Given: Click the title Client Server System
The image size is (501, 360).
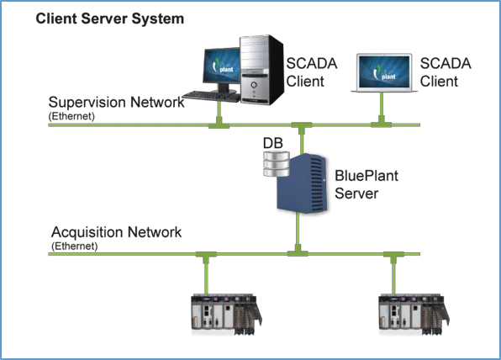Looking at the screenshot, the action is pos(110,19).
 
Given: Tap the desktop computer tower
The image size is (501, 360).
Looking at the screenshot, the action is pos(261,70).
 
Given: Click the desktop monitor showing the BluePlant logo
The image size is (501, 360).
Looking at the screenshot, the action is pos(222,66).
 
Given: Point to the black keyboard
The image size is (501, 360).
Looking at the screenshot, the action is pos(211,96).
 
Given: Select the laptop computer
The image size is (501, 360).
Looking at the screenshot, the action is pos(384,73).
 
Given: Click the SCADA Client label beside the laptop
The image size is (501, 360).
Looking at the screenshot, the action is pos(446,72).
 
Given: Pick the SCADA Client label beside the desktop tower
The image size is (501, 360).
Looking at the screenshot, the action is pos(312,72).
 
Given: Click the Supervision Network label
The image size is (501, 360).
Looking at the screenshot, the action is pos(116,103).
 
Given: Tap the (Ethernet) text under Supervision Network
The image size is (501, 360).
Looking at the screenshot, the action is pos(71,116).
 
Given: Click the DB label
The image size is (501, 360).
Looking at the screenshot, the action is pos(273,143).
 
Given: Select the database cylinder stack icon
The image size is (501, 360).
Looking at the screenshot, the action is pos(277,164).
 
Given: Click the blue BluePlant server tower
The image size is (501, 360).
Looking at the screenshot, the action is pos(302,183).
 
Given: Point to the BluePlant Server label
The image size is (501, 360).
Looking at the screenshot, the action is pos(367,184).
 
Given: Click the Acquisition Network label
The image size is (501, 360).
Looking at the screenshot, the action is pos(116,232).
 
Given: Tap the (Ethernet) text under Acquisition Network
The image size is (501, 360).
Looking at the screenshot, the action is pos(75,246).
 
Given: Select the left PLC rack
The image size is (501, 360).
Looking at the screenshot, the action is pos(226,315).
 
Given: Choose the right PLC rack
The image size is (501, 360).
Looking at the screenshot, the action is pos(414,315).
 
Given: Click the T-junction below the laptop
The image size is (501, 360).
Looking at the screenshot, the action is pos(381,123).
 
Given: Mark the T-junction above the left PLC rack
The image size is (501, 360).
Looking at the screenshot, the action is pos(206,256).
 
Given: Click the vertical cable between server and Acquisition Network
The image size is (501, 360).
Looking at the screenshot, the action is pos(298,232).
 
